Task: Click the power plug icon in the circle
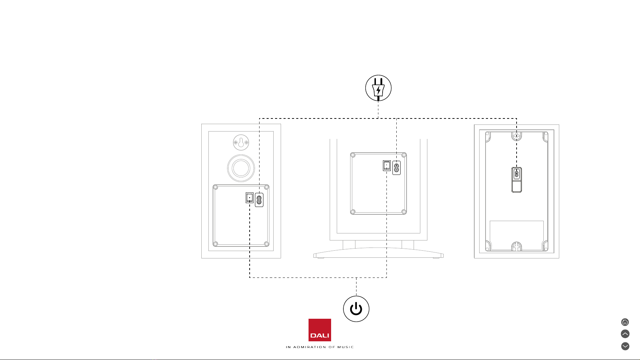(x=378, y=88)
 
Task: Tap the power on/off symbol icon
(x=356, y=309)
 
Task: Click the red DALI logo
(x=320, y=330)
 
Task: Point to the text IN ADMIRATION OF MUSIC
(x=320, y=347)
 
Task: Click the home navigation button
(x=625, y=322)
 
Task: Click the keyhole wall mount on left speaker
(x=241, y=143)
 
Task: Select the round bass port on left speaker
(x=241, y=168)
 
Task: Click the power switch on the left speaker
(x=250, y=198)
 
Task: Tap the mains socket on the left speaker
(x=259, y=200)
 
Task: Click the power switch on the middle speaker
(x=387, y=166)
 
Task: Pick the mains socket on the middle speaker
(x=397, y=168)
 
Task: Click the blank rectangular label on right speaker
(x=517, y=235)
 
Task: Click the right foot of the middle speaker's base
(x=436, y=258)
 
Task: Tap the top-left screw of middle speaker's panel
(x=353, y=155)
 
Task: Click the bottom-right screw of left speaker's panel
(x=267, y=244)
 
